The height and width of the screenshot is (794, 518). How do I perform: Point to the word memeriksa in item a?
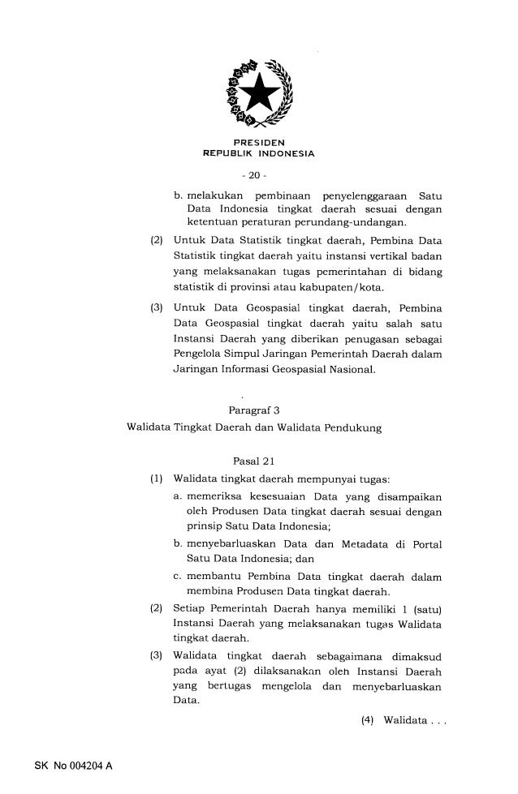[216, 495]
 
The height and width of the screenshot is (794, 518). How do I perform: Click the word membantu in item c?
[216, 576]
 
